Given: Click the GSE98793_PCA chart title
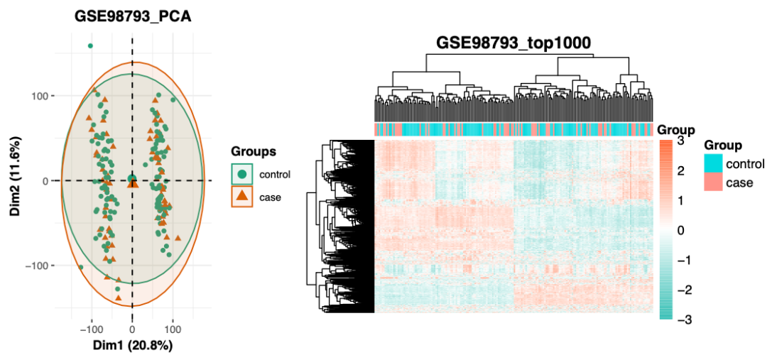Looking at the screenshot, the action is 132,16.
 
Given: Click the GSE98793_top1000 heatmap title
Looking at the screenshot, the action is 513,43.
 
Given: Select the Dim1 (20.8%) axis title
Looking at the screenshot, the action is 132,346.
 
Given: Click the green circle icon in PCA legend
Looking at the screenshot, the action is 241,174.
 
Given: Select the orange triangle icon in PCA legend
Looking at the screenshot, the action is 241,196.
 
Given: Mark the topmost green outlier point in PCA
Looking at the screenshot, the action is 90,46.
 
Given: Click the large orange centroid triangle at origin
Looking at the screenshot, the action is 133,183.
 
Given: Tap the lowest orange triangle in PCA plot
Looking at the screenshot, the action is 119,298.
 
